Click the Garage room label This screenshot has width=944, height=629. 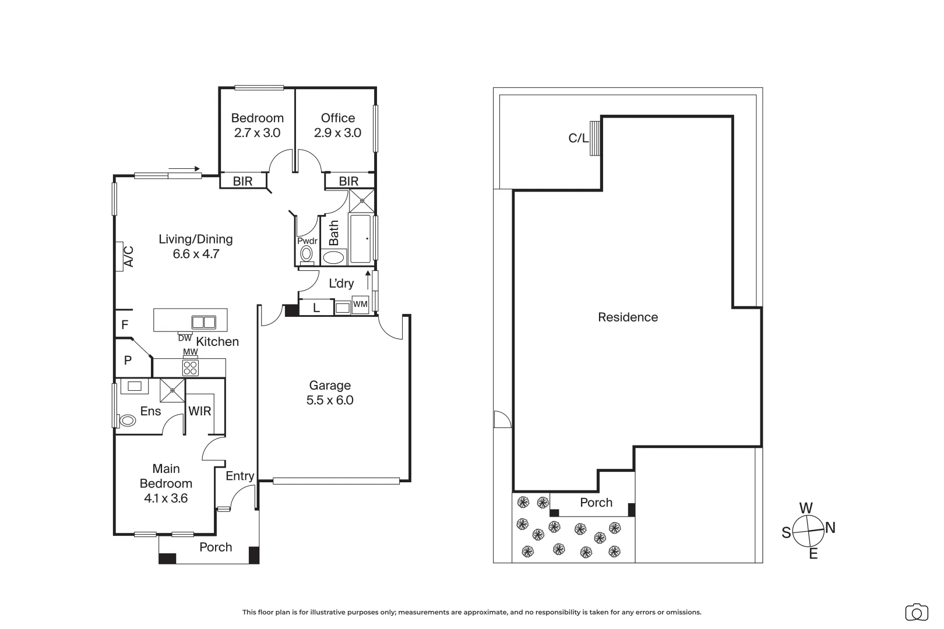(x=330, y=385)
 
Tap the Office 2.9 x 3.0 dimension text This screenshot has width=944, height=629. (x=337, y=133)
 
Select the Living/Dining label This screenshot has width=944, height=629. (x=196, y=239)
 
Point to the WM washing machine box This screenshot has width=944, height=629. (x=360, y=305)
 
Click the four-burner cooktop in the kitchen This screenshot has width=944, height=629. (x=190, y=367)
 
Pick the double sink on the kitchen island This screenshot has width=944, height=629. (x=203, y=322)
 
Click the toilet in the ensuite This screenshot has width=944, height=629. (x=127, y=420)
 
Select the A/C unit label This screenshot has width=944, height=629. (x=129, y=257)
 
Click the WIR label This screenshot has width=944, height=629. (x=200, y=411)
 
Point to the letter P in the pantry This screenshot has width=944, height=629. (x=128, y=360)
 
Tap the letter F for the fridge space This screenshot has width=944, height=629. (x=125, y=325)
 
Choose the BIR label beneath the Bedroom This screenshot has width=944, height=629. (x=242, y=181)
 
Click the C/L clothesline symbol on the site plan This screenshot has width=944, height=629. (x=594, y=138)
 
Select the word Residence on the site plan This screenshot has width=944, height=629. (x=628, y=317)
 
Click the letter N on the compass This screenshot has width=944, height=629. (x=830, y=528)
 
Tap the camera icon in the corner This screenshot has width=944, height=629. (x=917, y=613)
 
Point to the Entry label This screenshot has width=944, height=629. (x=240, y=476)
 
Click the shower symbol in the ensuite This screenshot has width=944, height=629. (x=172, y=391)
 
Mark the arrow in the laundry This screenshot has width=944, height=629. (x=368, y=280)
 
